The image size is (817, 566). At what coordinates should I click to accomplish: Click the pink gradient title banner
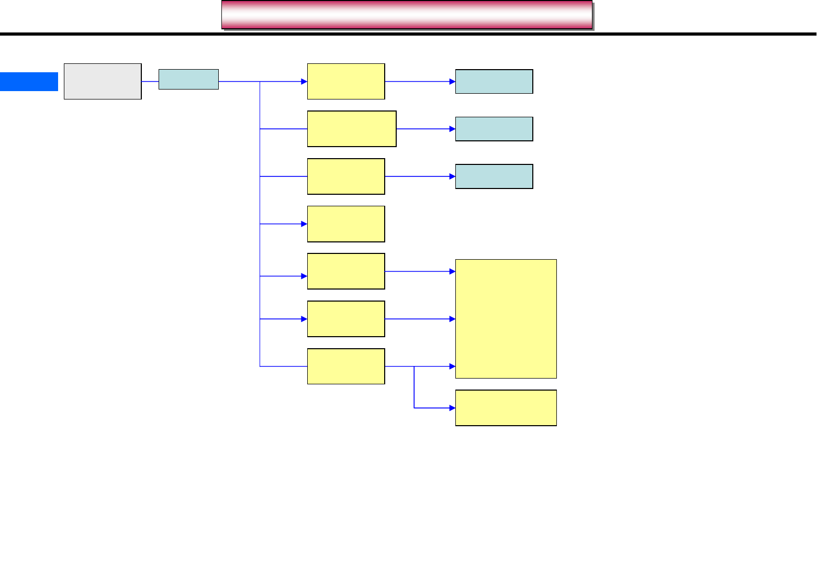click(407, 15)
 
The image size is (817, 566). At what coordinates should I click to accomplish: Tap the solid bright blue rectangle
click(29, 82)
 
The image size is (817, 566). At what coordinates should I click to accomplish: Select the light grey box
click(103, 82)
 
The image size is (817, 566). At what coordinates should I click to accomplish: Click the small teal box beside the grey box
click(188, 80)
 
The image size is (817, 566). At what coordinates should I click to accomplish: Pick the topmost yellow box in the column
click(346, 82)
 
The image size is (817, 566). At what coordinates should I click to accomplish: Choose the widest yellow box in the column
click(352, 129)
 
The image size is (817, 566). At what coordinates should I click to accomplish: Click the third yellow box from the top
click(346, 176)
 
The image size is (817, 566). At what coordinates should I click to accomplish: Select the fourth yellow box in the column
click(346, 224)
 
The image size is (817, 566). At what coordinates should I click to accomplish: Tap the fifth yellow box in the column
click(346, 271)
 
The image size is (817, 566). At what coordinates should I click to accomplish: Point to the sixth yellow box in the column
click(346, 319)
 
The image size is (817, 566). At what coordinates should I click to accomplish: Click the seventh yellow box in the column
click(346, 367)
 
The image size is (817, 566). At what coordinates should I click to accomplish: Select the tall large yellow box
click(506, 319)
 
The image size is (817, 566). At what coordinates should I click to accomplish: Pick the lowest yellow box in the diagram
click(506, 408)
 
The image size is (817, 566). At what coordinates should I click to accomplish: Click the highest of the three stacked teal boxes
click(494, 82)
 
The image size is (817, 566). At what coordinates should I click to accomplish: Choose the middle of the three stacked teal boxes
click(494, 129)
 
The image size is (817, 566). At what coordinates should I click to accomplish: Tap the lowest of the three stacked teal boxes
click(494, 176)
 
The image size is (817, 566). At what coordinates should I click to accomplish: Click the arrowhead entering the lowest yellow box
click(452, 408)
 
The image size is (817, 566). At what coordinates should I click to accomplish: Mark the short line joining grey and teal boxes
click(150, 82)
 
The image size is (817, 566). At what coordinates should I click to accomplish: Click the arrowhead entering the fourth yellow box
click(304, 224)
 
